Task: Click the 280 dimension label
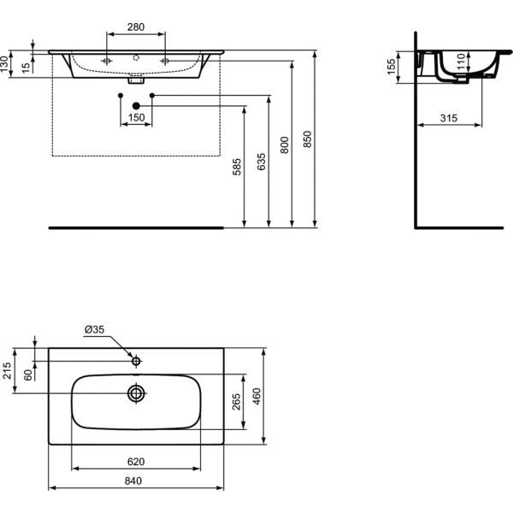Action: coord(136,27)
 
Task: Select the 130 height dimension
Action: coord(6,63)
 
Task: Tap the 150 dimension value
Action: coord(136,117)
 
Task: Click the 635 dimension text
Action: coord(262,162)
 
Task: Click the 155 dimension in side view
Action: coord(392,67)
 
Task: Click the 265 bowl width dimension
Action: coord(237,400)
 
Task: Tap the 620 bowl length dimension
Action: coord(136,462)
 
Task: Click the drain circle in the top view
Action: coord(135,392)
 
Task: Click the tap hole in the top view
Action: coord(136,362)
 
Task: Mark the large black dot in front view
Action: coord(136,106)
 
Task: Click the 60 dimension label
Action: coord(27,374)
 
